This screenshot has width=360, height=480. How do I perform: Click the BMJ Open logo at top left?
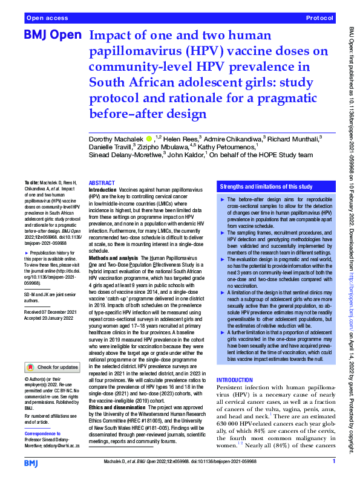click(52, 36)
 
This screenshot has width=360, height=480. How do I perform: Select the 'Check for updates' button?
click(51, 366)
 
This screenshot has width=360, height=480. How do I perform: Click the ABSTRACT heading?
click(101, 182)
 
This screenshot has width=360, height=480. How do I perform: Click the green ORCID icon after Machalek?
click(149, 138)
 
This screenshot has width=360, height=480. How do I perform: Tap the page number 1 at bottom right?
click(333, 461)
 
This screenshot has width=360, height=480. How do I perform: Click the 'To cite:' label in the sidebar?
click(31, 181)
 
